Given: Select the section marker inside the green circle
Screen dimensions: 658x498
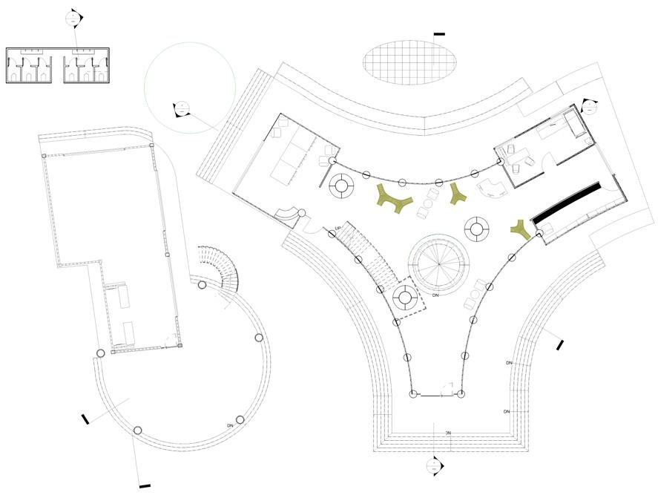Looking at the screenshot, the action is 180,108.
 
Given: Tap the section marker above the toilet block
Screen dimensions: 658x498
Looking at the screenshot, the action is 73,19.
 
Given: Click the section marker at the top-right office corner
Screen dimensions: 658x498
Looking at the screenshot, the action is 589,105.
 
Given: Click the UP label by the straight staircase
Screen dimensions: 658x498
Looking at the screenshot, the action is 338,228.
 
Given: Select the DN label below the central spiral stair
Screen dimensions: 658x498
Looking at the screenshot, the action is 436,295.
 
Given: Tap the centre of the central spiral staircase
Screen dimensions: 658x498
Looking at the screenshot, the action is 441,263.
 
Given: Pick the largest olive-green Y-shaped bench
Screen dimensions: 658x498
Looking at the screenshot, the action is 395,199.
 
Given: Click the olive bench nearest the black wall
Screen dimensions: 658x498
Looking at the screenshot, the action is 522,230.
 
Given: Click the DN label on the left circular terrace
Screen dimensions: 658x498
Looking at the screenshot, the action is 231,426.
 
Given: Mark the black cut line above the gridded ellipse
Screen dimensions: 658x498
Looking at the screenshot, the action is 439,34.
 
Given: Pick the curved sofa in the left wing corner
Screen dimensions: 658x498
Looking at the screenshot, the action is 286,213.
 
